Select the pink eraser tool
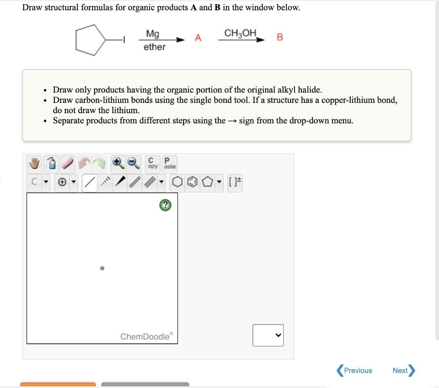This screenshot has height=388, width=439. [67, 163]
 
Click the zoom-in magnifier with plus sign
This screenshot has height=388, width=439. [117, 163]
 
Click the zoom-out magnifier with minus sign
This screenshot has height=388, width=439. [133, 163]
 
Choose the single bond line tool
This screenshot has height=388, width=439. [89, 183]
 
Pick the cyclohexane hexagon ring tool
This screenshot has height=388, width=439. [177, 183]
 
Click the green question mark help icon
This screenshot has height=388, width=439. [165, 205]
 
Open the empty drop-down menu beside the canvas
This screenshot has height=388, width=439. [268, 335]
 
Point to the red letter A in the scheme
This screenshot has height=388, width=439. [198, 37]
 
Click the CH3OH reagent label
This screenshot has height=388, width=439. [240, 33]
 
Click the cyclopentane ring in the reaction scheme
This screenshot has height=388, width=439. [90, 40]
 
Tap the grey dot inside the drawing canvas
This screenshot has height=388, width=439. [102, 268]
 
